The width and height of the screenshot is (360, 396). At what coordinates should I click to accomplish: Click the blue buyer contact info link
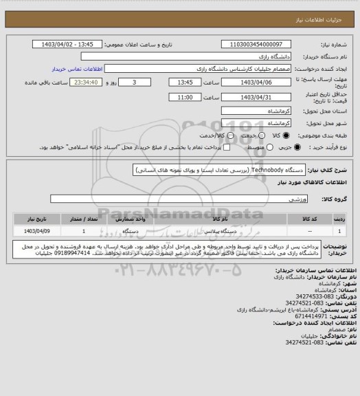tap(78, 69)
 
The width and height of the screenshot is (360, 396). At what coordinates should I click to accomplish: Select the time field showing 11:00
tap(185, 97)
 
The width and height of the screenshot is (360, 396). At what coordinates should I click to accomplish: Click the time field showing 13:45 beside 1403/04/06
tap(185, 81)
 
